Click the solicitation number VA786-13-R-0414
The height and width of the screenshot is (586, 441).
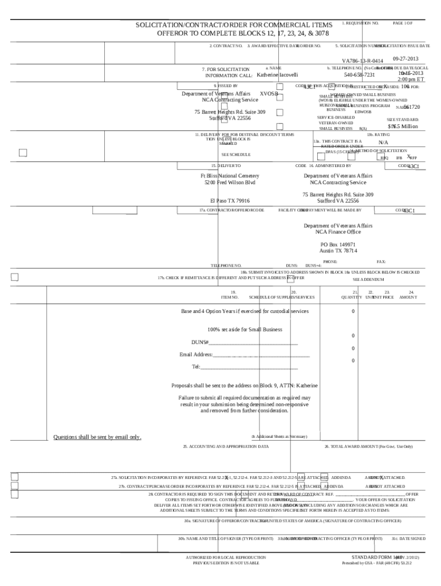click(x=363, y=61)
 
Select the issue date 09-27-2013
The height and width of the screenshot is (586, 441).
click(x=406, y=59)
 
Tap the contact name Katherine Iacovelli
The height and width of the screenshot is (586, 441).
click(x=277, y=75)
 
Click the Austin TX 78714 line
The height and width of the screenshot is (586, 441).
click(x=338, y=251)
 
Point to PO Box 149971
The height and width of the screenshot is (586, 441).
click(x=338, y=244)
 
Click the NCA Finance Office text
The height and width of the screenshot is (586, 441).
click(x=338, y=232)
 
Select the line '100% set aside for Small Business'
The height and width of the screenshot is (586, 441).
click(x=245, y=330)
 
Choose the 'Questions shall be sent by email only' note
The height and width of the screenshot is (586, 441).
click(x=97, y=437)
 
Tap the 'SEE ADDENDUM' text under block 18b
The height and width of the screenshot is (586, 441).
click(x=368, y=279)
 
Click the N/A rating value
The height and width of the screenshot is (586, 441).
click(x=384, y=142)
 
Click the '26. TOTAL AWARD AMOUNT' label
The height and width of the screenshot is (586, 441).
click(x=368, y=446)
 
